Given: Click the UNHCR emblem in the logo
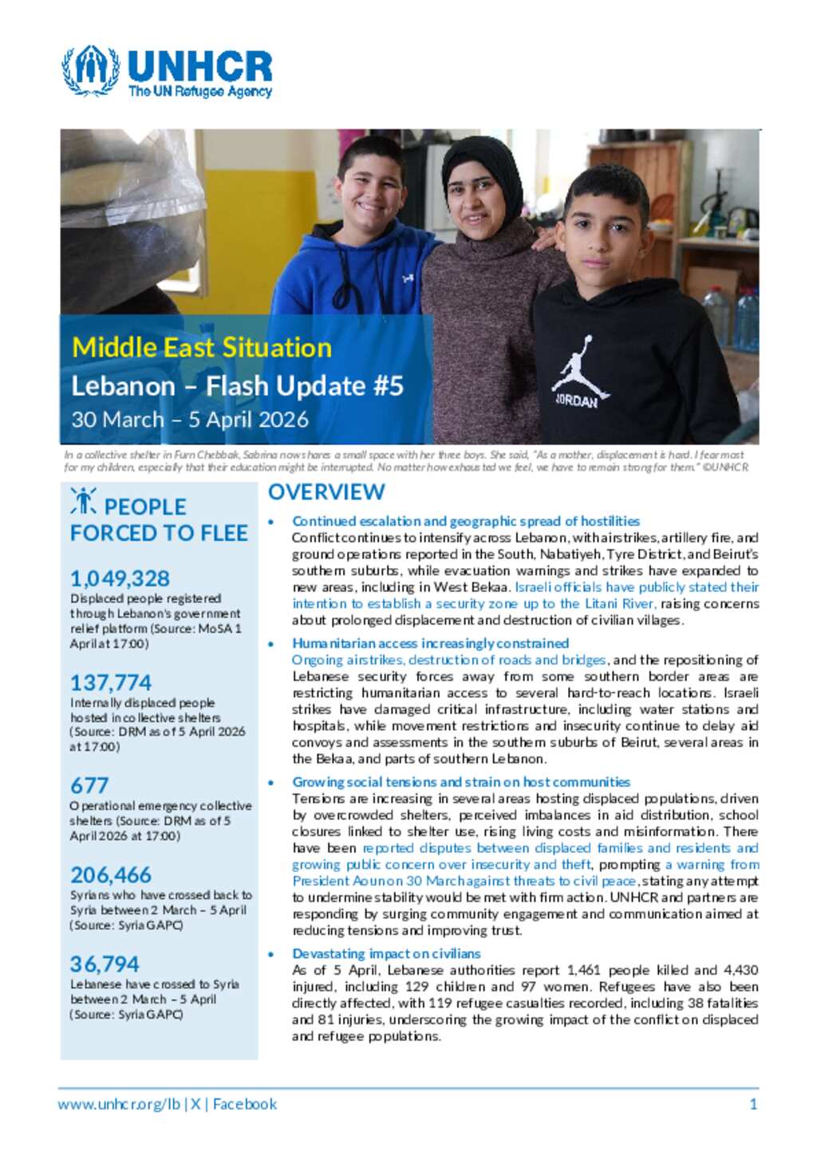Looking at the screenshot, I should [91, 70].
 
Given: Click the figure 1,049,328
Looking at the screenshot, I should [120, 578].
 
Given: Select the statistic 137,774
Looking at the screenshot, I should [110, 683].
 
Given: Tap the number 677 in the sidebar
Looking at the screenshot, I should [89, 786].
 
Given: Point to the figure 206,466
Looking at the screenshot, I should [110, 875].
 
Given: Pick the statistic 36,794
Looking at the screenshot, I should [105, 965].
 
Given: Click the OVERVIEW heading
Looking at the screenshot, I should [326, 492].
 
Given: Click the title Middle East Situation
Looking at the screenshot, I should [202, 348].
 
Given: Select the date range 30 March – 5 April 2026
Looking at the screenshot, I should [190, 420].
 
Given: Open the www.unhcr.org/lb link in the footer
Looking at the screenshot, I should [119, 1104].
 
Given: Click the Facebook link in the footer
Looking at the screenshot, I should [245, 1104].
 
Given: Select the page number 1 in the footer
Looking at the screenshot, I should [753, 1104].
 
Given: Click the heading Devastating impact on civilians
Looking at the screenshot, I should [386, 953].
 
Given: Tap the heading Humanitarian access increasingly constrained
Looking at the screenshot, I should [430, 643].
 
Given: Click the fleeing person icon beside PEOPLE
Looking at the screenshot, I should [84, 501].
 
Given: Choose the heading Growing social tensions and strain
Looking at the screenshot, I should [460, 782].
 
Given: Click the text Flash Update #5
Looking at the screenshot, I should [305, 386].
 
